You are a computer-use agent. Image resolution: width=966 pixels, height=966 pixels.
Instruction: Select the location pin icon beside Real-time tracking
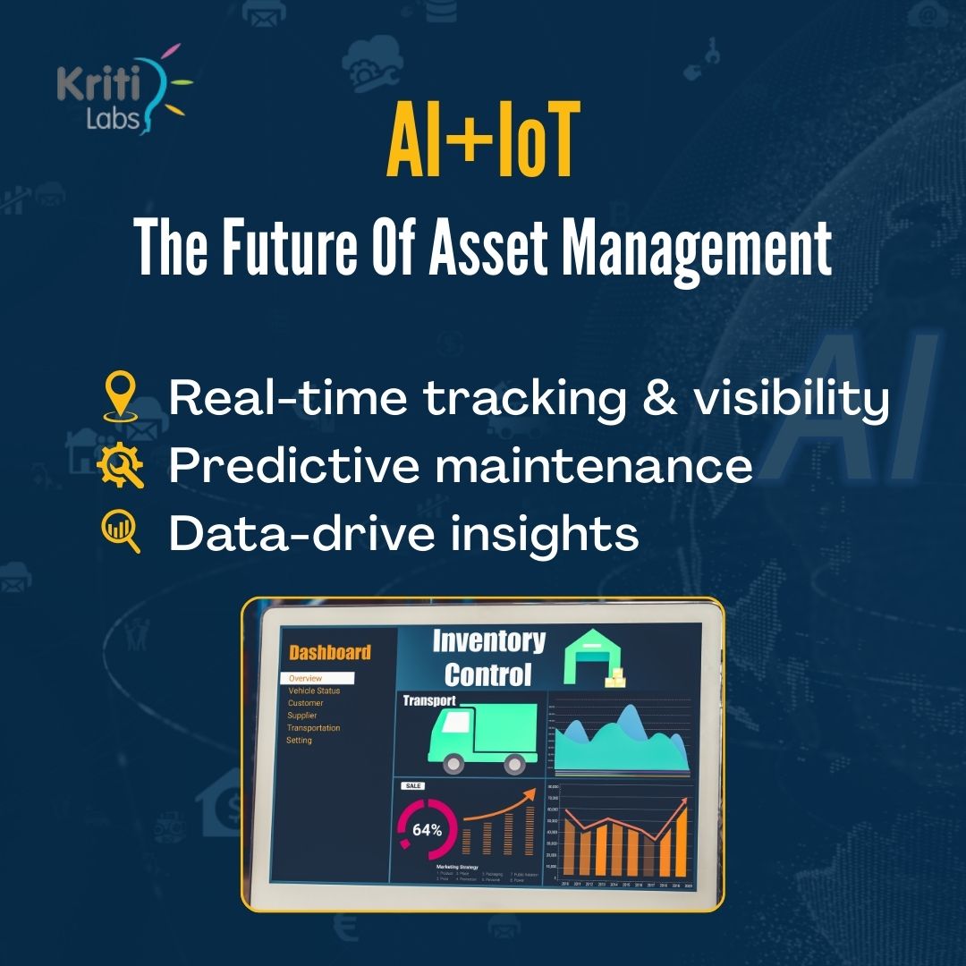coord(120,397)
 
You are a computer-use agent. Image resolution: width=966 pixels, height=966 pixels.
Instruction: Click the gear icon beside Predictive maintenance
coord(120,466)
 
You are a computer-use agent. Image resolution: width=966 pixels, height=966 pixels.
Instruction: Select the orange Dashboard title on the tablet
coord(329,652)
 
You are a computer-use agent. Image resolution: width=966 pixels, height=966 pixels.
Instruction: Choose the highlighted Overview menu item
coord(317,678)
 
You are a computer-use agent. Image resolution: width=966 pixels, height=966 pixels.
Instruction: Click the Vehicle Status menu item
coord(314,691)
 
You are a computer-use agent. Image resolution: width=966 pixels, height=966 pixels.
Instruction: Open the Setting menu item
coord(299,741)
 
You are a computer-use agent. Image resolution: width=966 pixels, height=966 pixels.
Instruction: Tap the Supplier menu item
coord(302,716)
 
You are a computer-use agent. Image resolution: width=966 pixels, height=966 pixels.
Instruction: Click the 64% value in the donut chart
coord(427,829)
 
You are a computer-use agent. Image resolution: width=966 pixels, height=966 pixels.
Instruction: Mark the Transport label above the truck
coord(429,701)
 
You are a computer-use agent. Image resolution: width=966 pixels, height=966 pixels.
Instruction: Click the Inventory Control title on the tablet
coord(488,657)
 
